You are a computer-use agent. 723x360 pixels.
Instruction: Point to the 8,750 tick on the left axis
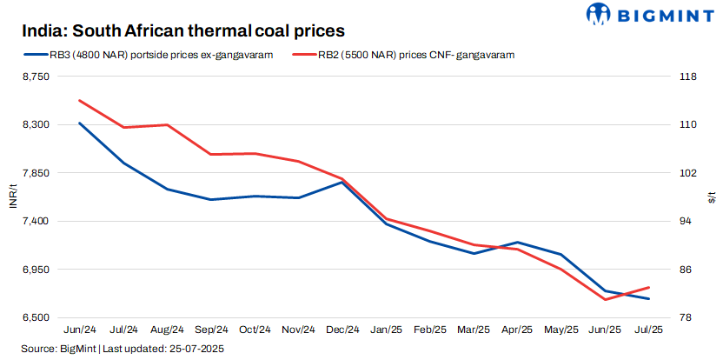[35, 77]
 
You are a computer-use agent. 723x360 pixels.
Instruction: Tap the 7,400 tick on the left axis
[35, 222]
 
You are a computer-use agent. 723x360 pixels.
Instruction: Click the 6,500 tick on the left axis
[35, 318]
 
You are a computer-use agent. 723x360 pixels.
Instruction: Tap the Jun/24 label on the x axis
[80, 330]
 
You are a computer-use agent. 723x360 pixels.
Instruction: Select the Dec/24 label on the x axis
[342, 330]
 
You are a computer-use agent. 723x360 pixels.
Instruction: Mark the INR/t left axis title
[11, 197]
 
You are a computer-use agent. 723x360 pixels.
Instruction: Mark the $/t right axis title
[712, 197]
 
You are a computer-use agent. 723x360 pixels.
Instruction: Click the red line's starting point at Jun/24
[80, 101]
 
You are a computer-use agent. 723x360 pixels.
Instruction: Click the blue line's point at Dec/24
[342, 183]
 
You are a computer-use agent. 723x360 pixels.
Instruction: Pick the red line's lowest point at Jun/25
[605, 299]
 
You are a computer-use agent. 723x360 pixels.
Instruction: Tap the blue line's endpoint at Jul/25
[648, 298]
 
